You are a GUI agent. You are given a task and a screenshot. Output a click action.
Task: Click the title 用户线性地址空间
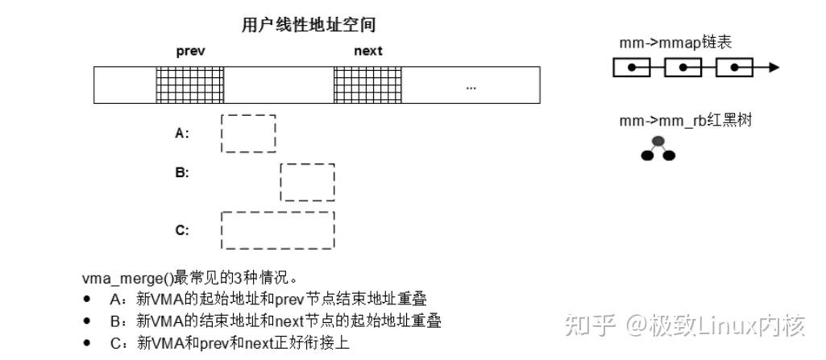click(309, 26)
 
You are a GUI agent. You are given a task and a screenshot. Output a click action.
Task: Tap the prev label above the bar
click(191, 51)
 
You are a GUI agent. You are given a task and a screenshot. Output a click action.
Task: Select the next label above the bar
click(368, 51)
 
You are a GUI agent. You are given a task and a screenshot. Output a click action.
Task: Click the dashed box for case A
click(248, 133)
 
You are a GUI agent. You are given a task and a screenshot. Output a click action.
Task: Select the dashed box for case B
click(307, 182)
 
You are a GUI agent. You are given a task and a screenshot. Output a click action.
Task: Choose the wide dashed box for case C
click(278, 230)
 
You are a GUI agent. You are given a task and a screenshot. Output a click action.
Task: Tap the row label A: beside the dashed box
click(182, 134)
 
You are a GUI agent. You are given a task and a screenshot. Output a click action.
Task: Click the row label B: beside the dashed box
click(182, 172)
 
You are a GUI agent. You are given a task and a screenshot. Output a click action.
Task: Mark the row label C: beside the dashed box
click(182, 230)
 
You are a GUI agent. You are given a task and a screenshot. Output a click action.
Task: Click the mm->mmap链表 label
click(675, 43)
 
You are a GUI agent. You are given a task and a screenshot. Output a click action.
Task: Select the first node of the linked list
click(632, 68)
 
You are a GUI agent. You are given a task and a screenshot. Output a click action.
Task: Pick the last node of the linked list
click(734, 68)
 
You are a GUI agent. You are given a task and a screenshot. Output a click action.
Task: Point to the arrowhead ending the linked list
click(774, 68)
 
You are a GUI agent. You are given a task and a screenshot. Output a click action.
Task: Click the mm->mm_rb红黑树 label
click(686, 121)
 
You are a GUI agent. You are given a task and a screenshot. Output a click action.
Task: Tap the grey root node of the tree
click(658, 142)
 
